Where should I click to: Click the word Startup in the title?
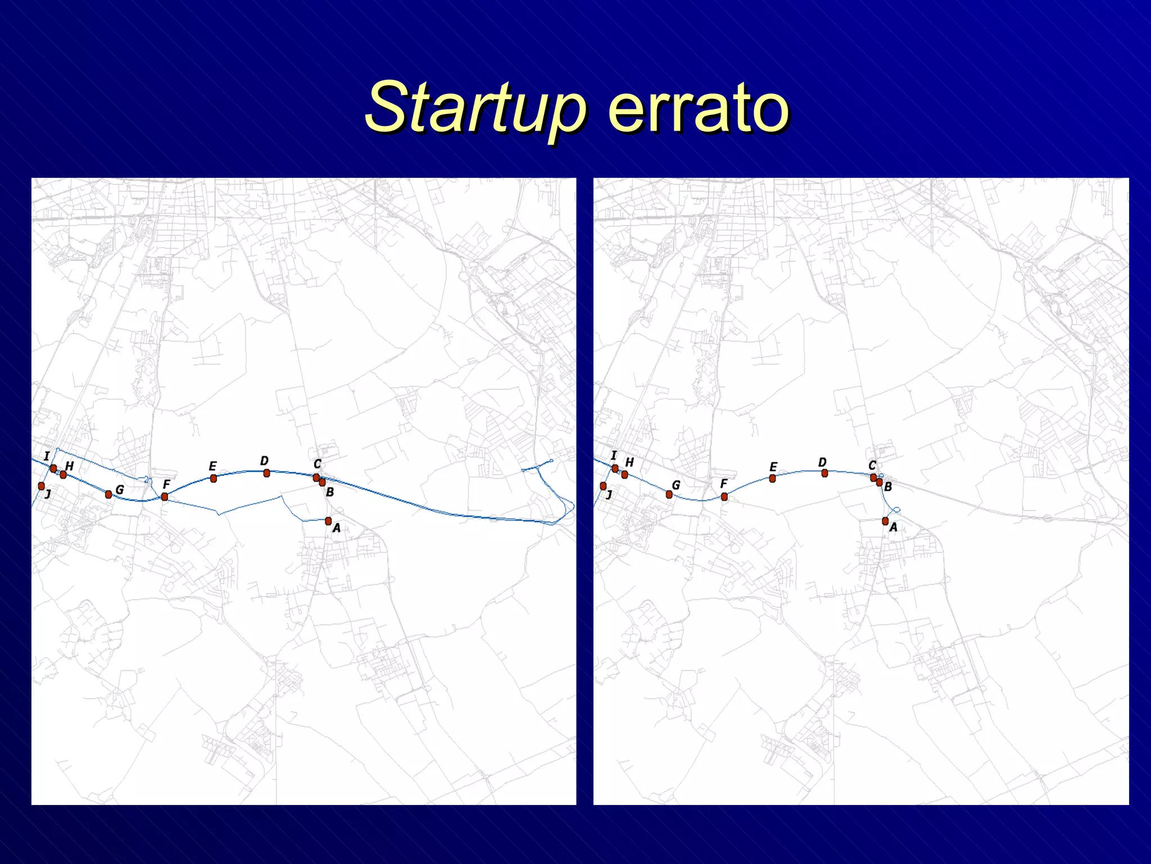[x=475, y=107]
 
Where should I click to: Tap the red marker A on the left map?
[x=328, y=521]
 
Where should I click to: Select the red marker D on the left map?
[x=266, y=473]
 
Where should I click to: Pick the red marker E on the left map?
[x=213, y=478]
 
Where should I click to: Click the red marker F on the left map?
[x=164, y=496]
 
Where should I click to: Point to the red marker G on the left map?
[x=108, y=494]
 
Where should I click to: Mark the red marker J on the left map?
[x=41, y=485]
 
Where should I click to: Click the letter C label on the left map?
[x=318, y=464]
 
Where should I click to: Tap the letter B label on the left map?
[x=330, y=492]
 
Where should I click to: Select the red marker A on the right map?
[x=885, y=521]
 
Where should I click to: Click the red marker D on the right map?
[x=824, y=473]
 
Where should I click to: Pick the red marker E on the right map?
[x=772, y=478]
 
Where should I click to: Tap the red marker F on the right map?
[x=724, y=497]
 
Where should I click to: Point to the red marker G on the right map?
[x=669, y=494]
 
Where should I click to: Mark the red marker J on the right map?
[x=603, y=485]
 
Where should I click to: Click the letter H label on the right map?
[x=629, y=462]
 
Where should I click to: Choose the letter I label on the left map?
[x=47, y=456]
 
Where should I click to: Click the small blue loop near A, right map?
[x=896, y=510]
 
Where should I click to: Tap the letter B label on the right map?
[x=888, y=487]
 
